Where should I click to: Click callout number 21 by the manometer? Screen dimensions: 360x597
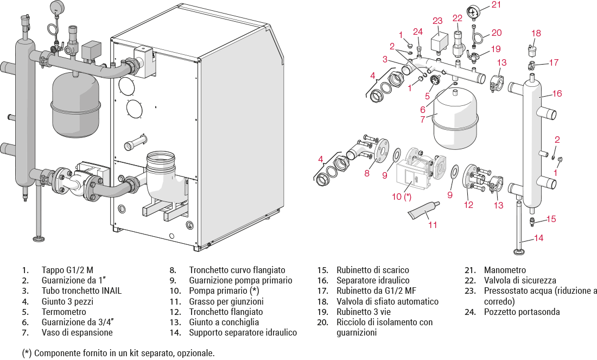[496, 5]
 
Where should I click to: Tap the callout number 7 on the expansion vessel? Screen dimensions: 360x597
[422, 119]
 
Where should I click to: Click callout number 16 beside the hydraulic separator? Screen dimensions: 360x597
[557, 93]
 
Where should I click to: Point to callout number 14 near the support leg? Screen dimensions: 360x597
[538, 238]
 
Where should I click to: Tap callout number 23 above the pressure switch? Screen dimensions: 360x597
[438, 21]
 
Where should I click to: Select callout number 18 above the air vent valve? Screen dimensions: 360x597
[536, 34]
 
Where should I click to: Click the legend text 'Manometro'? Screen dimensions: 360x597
[505, 270]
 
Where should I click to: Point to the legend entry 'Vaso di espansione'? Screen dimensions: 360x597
[77, 332]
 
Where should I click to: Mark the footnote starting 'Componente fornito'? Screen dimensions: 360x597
[119, 353]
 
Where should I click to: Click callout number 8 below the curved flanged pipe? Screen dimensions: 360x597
[367, 173]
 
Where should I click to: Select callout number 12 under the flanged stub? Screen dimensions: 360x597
[468, 205]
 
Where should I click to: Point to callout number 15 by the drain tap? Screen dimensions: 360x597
[551, 219]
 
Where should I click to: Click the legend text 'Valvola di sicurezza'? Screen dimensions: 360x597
[520, 280]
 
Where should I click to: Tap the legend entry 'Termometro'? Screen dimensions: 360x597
[63, 312]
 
